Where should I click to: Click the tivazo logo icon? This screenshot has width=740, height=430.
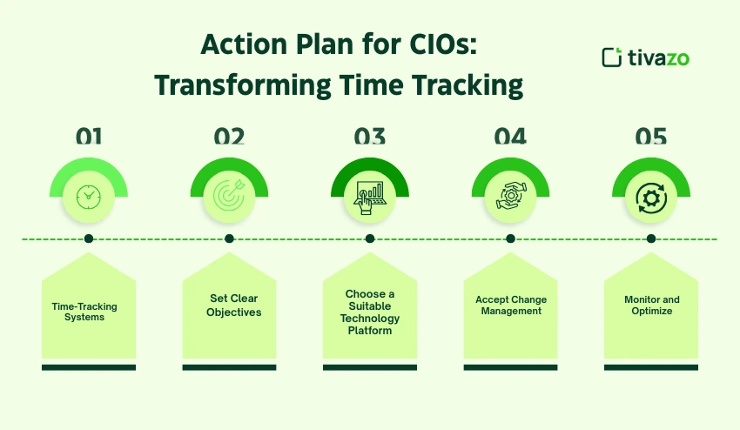(612, 57)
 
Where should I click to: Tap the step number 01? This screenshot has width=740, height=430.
(89, 137)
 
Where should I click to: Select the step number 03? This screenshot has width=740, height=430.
(369, 137)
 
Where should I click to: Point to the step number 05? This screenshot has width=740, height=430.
(650, 137)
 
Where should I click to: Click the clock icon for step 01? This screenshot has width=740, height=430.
(89, 197)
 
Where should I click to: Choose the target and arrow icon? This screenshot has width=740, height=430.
(229, 197)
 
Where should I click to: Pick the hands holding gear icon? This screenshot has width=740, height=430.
(510, 197)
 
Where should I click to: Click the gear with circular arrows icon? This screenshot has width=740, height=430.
(650, 198)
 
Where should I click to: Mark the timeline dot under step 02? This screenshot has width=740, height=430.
(229, 239)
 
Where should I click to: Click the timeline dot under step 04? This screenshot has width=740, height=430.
(510, 239)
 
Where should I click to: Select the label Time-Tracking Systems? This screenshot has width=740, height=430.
(84, 312)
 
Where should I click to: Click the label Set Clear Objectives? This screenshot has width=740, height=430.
(232, 306)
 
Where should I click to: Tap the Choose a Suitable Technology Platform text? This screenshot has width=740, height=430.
(369, 312)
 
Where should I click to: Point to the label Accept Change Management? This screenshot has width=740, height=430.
(511, 306)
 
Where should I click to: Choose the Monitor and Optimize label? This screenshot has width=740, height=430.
(652, 306)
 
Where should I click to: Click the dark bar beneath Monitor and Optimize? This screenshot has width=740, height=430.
(650, 367)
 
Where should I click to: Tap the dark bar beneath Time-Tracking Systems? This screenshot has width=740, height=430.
(89, 367)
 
